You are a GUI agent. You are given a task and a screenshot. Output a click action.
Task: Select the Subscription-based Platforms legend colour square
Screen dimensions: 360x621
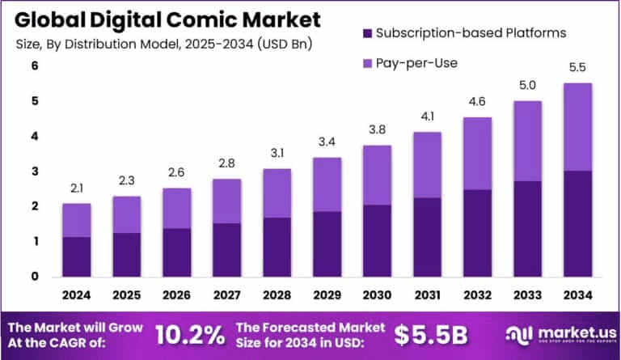click(x=365, y=33)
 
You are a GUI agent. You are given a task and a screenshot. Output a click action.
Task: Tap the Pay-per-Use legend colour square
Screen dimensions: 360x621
click(x=365, y=63)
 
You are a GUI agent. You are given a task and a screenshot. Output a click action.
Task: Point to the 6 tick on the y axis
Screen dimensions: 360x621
click(x=35, y=66)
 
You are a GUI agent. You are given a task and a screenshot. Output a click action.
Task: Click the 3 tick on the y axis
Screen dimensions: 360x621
click(x=35, y=172)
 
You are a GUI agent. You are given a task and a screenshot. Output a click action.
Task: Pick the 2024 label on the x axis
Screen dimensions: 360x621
click(x=77, y=294)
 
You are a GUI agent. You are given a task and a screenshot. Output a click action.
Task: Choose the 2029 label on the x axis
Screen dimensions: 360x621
click(x=303, y=294)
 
